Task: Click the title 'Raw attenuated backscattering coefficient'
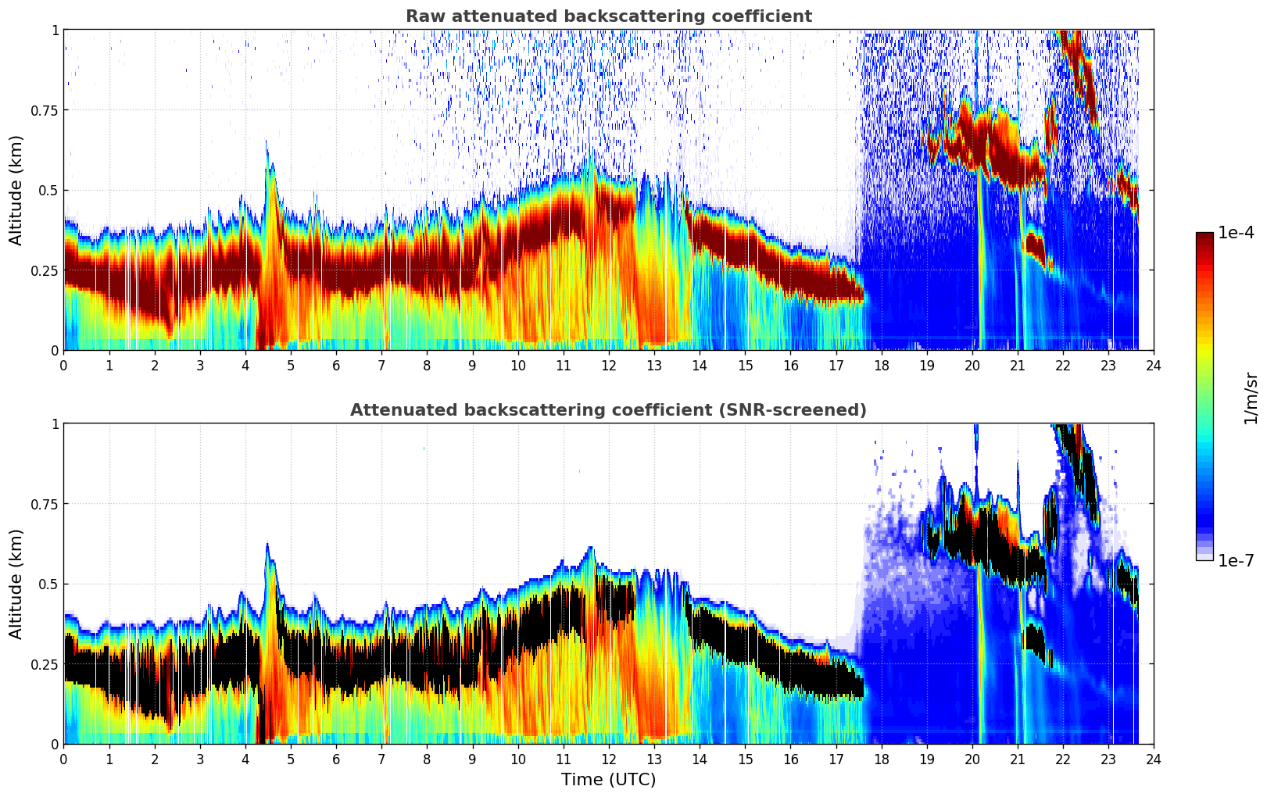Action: click(x=608, y=16)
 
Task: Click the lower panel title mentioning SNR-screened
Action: click(x=608, y=410)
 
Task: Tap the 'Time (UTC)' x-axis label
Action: click(x=608, y=780)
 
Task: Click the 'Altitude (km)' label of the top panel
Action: click(x=16, y=190)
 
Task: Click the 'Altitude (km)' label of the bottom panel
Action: click(x=16, y=584)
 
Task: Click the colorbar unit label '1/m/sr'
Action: click(x=1251, y=398)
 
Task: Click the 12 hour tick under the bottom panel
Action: click(x=608, y=759)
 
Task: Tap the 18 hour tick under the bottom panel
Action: click(x=881, y=759)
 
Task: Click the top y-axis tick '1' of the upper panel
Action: click(x=55, y=30)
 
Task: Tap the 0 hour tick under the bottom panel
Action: click(x=63, y=759)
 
